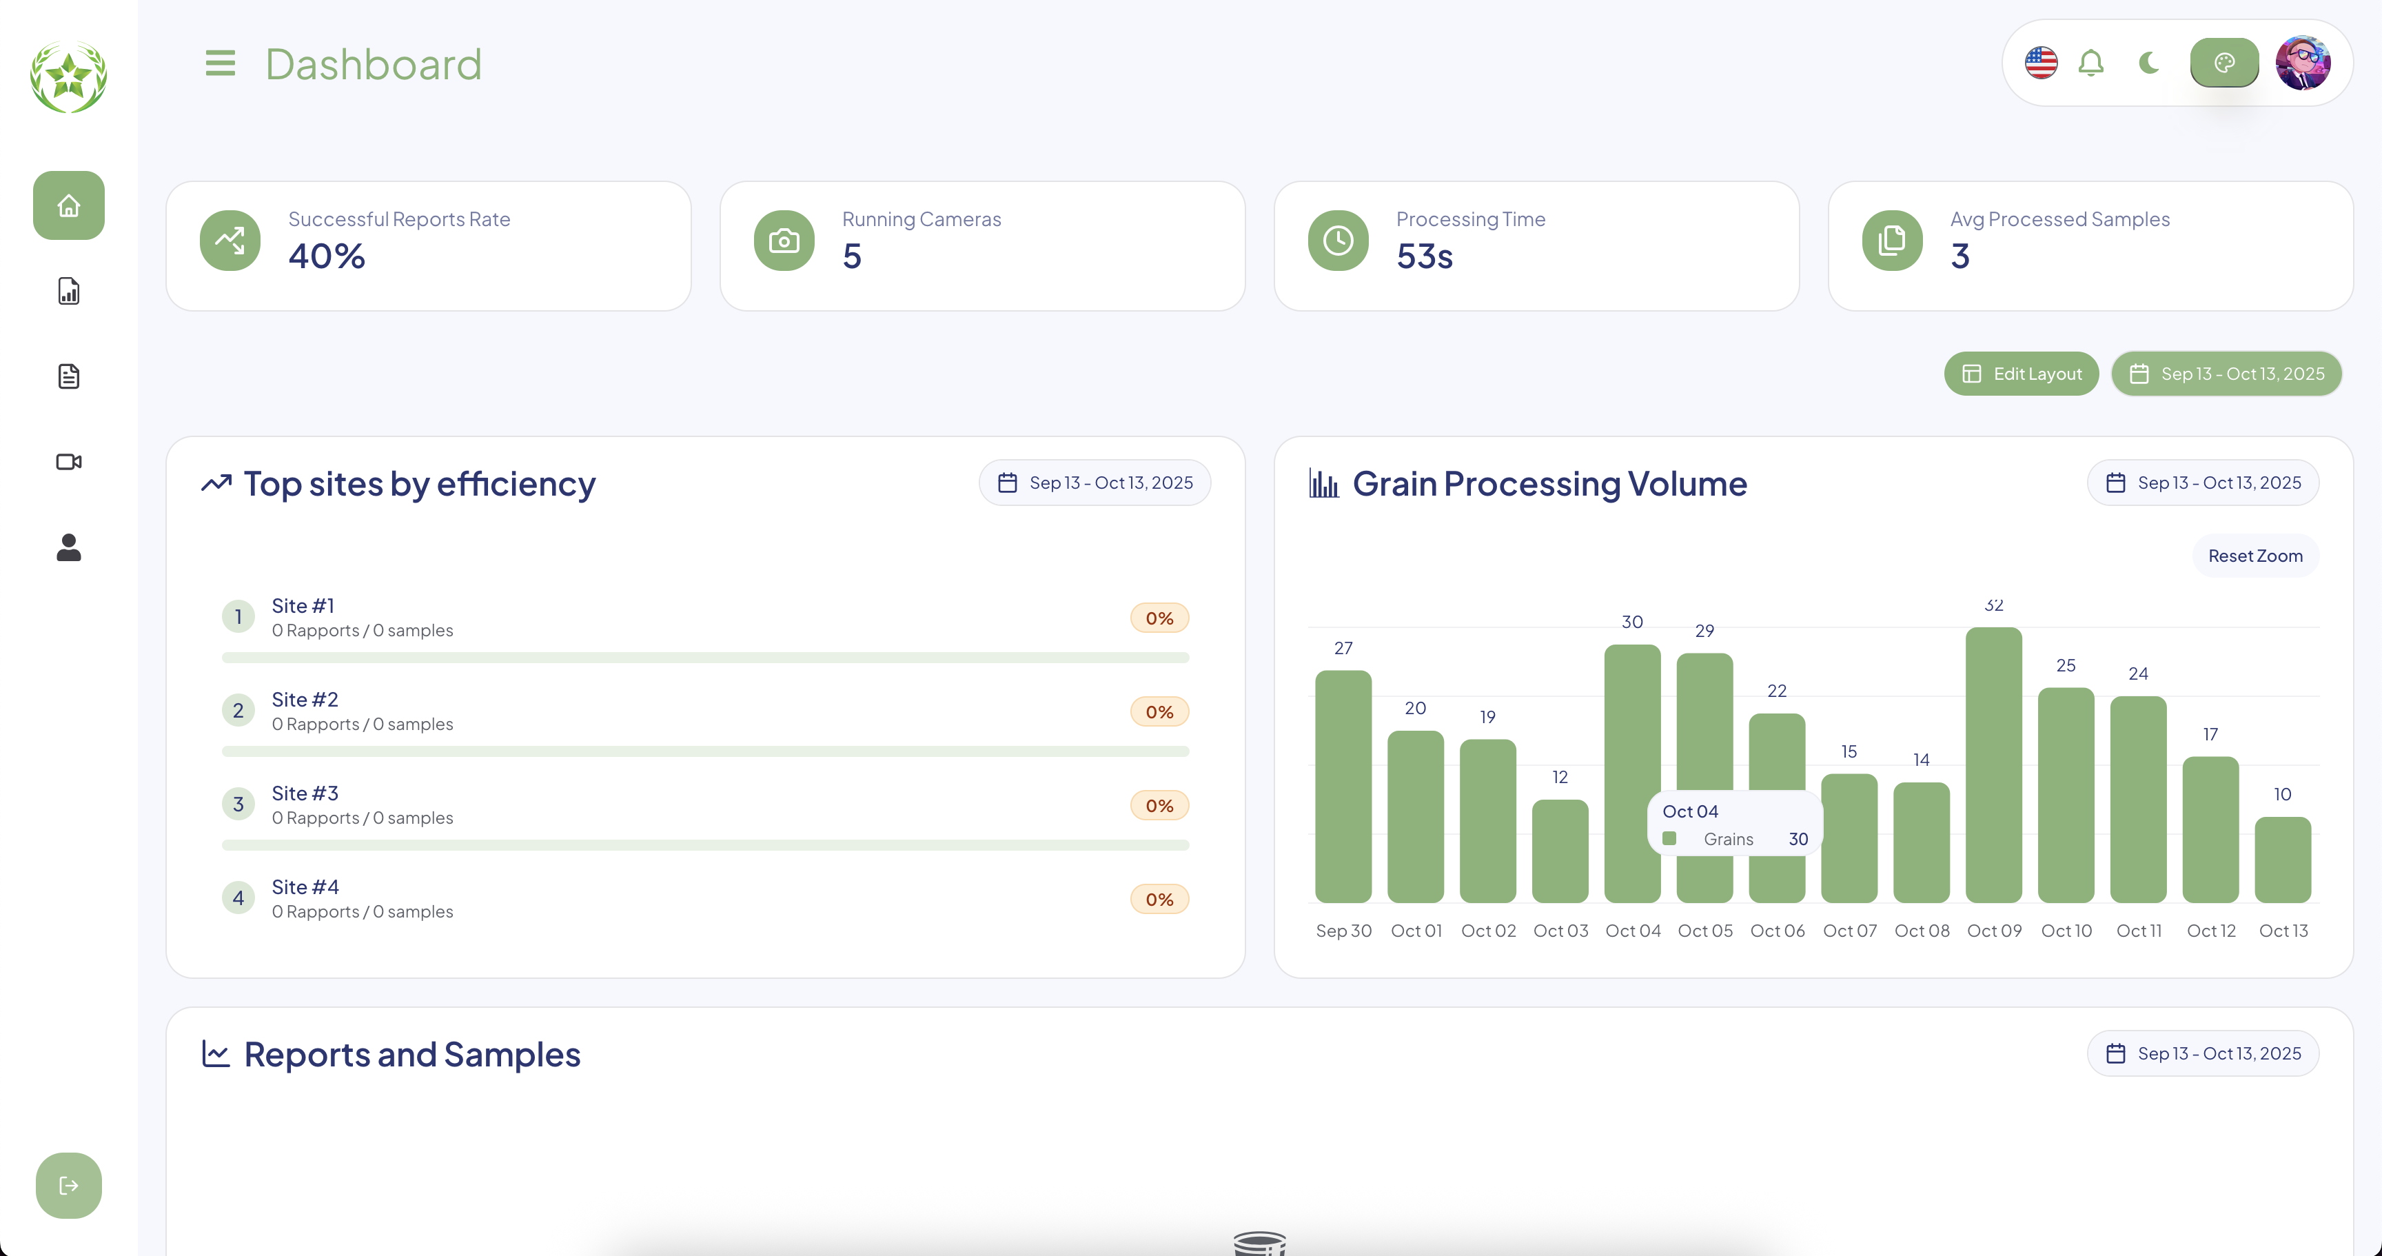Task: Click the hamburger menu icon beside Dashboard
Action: (220, 64)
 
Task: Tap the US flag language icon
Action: (2041, 63)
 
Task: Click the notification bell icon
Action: (2090, 63)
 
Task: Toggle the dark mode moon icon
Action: (2149, 63)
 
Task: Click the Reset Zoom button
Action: (2254, 556)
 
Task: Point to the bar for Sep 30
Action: (1343, 786)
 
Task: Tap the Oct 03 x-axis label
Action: (1560, 931)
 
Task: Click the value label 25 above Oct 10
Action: (2066, 665)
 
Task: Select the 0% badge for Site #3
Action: (1159, 806)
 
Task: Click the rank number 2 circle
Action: (238, 710)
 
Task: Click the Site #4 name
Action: (305, 887)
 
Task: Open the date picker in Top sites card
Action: (1095, 483)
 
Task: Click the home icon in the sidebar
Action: (68, 205)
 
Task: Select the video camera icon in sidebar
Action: (68, 461)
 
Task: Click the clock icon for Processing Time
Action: (1337, 241)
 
